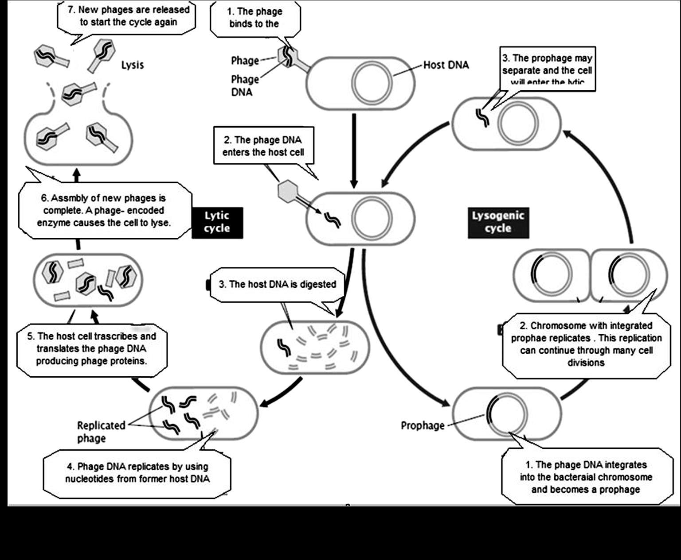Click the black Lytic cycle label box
pos(217,222)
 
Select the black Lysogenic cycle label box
pos(498,222)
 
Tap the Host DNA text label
pos(446,65)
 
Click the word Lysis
pos(133,65)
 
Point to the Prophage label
pos(422,425)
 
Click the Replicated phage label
pos(101,432)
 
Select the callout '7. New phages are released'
pos(128,16)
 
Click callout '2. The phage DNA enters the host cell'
pos(263,146)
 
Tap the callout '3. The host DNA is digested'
pos(277,284)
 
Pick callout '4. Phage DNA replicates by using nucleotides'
pos(137,472)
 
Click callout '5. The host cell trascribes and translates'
pos(91,348)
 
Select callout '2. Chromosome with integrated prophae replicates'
pos(586,344)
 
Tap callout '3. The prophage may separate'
pos(547,69)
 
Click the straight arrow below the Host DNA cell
pos(353,151)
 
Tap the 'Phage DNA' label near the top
pos(244,85)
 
